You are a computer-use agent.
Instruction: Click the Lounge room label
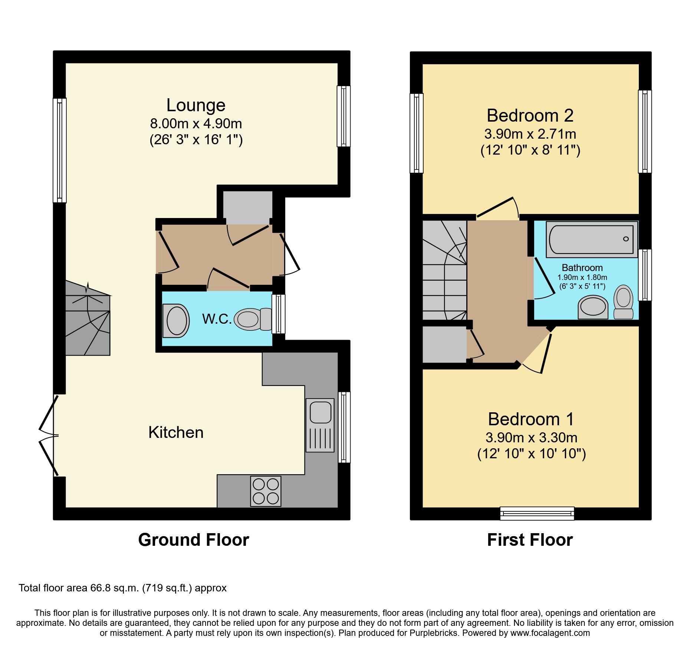195,105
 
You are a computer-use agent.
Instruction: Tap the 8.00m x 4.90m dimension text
195,123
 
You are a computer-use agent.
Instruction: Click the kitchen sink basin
320,412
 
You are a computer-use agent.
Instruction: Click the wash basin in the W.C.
176,321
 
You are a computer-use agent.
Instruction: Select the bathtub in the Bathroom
591,239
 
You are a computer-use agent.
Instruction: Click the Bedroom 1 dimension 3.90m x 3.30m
531,438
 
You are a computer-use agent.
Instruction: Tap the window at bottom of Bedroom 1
537,513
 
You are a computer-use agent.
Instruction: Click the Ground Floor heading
193,540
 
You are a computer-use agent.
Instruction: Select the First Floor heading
530,540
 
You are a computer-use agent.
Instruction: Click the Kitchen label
176,433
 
